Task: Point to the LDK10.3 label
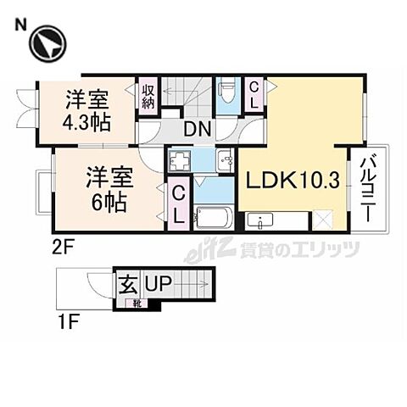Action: coord(292,181)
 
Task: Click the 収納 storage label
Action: coord(148,96)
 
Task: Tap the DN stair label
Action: coord(199,130)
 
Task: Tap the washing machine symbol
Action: coord(181,160)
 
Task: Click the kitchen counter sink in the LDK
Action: coord(259,222)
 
